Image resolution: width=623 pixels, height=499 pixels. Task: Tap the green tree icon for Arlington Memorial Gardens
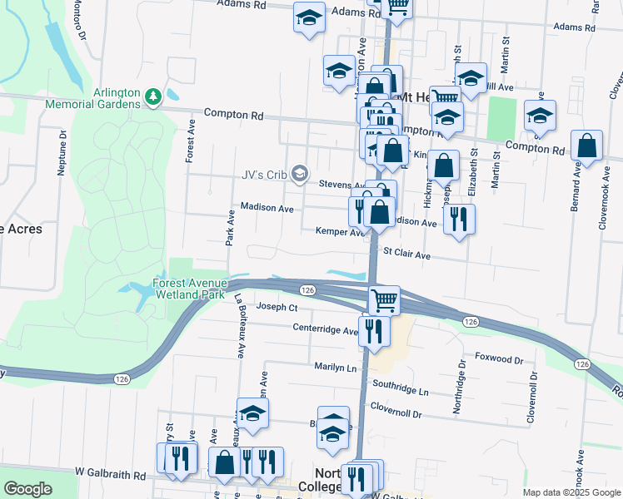point(152,97)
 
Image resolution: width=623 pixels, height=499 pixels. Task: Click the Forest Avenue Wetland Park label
point(189,289)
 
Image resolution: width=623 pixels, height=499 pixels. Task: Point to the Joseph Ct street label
point(277,307)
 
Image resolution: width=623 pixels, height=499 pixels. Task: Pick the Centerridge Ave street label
point(325,329)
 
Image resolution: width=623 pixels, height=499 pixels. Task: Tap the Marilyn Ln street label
point(335,367)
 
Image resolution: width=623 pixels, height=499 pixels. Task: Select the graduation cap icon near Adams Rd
point(309,18)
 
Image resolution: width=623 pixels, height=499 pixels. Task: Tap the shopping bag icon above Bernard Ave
point(587,146)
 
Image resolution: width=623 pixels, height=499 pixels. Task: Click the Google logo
point(27,489)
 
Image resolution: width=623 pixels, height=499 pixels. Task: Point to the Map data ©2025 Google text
point(571,492)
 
